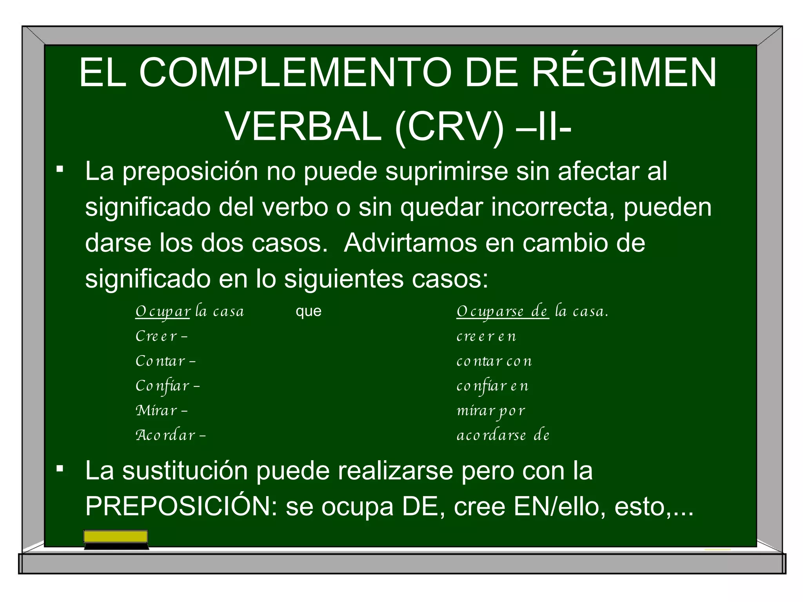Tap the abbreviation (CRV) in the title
point(449,127)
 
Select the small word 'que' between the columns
point(309,311)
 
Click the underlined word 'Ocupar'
point(163,312)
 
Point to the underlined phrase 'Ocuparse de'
point(502,312)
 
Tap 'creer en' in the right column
point(486,336)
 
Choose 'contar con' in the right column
point(494,361)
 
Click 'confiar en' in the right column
point(492,386)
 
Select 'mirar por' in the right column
point(491,411)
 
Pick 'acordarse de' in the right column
point(503,435)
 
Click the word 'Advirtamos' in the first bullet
point(410,243)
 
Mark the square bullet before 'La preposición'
point(60,169)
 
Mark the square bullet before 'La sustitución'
point(60,468)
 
